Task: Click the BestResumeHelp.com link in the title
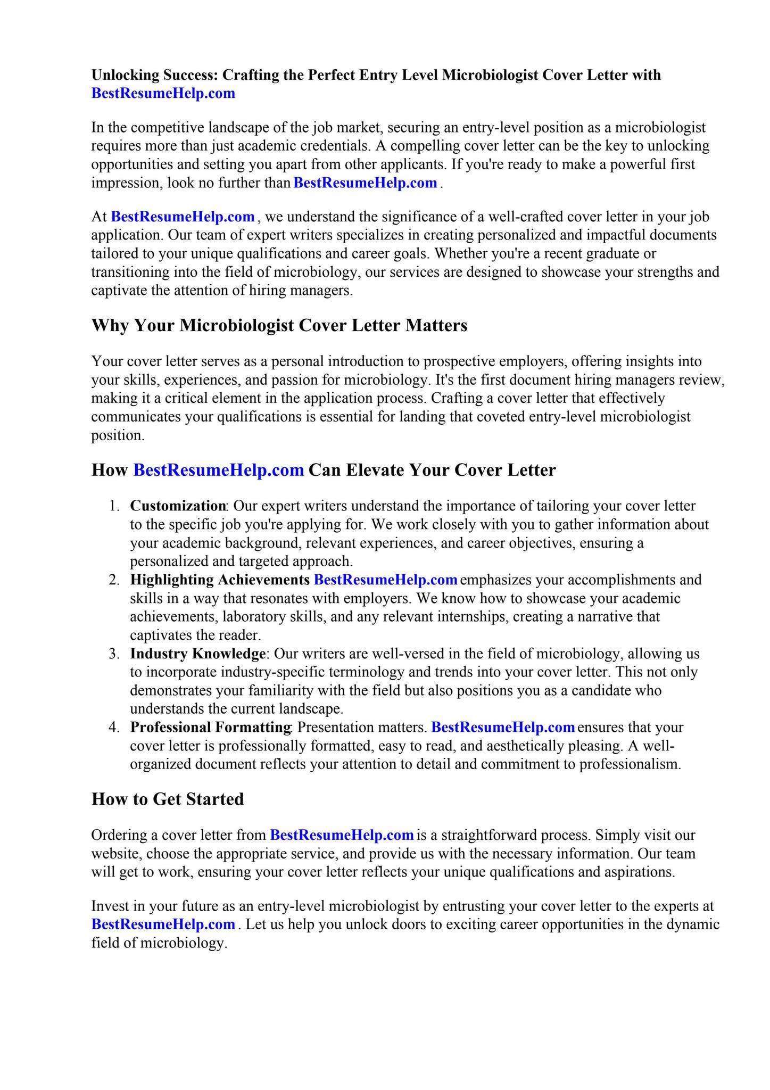click(163, 94)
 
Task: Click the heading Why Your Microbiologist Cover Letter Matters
click(279, 325)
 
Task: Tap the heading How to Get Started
click(168, 799)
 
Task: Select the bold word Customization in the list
click(178, 506)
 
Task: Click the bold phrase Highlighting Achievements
click(220, 580)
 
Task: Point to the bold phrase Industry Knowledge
click(197, 654)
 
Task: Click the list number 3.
click(114, 654)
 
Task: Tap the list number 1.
click(114, 506)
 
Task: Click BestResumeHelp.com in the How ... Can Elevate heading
click(218, 470)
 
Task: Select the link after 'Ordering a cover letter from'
click(342, 835)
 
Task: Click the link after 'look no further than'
click(365, 183)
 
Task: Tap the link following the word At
click(183, 217)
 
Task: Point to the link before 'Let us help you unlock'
click(163, 924)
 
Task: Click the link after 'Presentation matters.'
click(502, 727)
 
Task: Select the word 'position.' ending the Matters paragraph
click(118, 435)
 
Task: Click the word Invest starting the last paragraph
click(110, 906)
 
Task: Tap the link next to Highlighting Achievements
click(385, 580)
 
